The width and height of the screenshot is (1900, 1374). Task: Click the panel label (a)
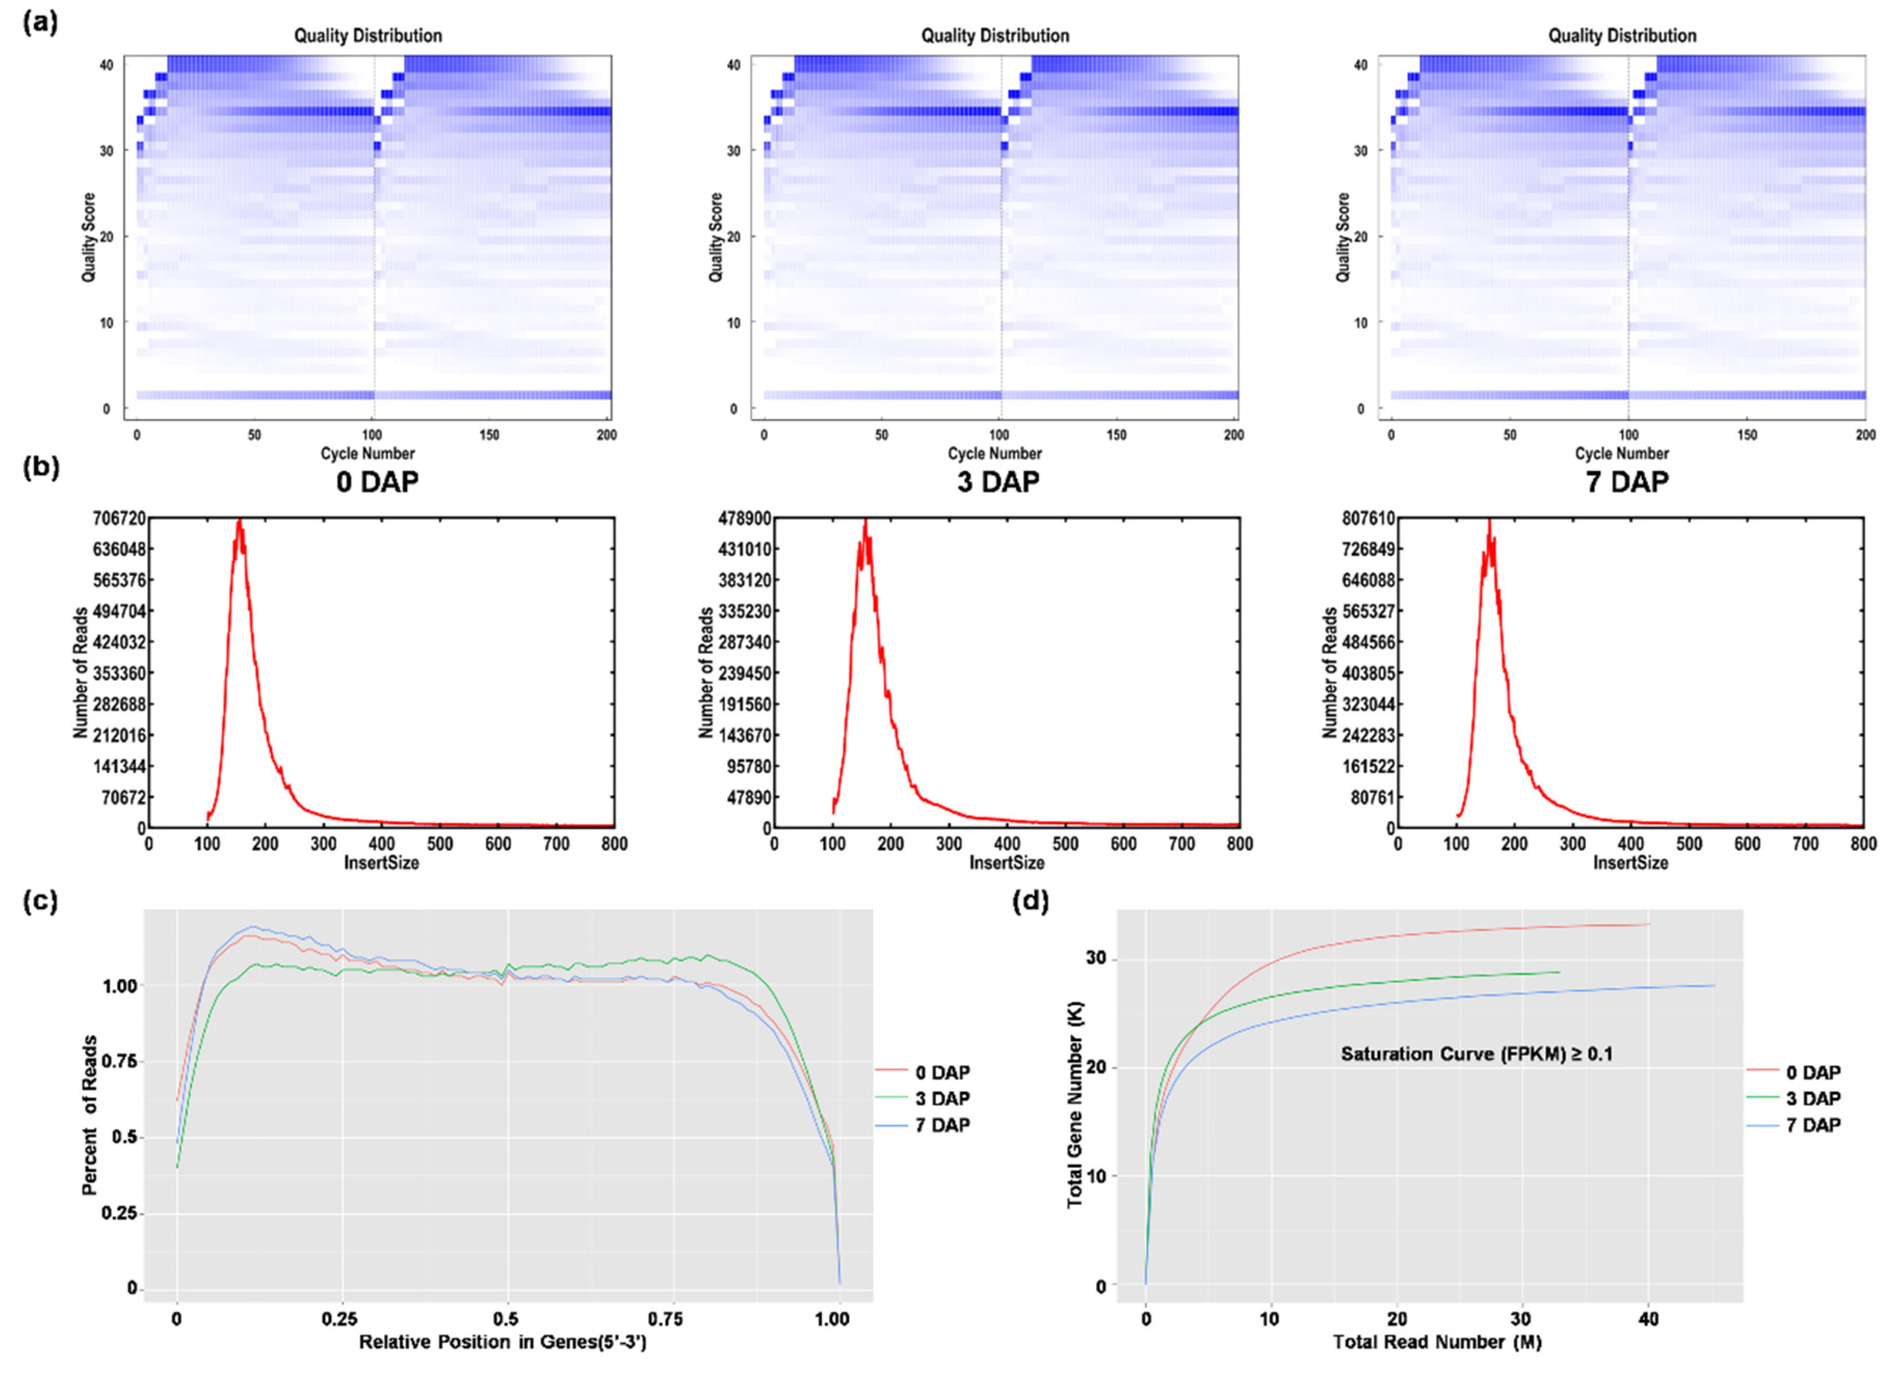tap(40, 23)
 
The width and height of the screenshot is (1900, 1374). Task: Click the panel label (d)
tap(1030, 902)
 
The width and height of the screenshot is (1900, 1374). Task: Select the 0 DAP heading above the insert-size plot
tap(377, 482)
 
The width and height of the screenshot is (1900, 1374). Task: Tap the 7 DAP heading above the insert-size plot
tap(1626, 482)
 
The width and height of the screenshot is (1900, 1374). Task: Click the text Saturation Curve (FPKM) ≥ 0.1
tap(1476, 1054)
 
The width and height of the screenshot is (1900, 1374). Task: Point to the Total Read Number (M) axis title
tap(1437, 1342)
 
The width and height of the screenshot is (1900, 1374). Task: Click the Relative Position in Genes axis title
tap(503, 1342)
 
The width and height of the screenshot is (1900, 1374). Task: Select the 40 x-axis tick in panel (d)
tap(1648, 1319)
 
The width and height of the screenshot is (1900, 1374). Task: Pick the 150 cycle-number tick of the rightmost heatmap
tap(1747, 435)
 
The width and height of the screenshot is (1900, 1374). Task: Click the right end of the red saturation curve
tap(1648, 924)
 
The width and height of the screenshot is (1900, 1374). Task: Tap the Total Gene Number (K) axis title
tap(1075, 1105)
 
